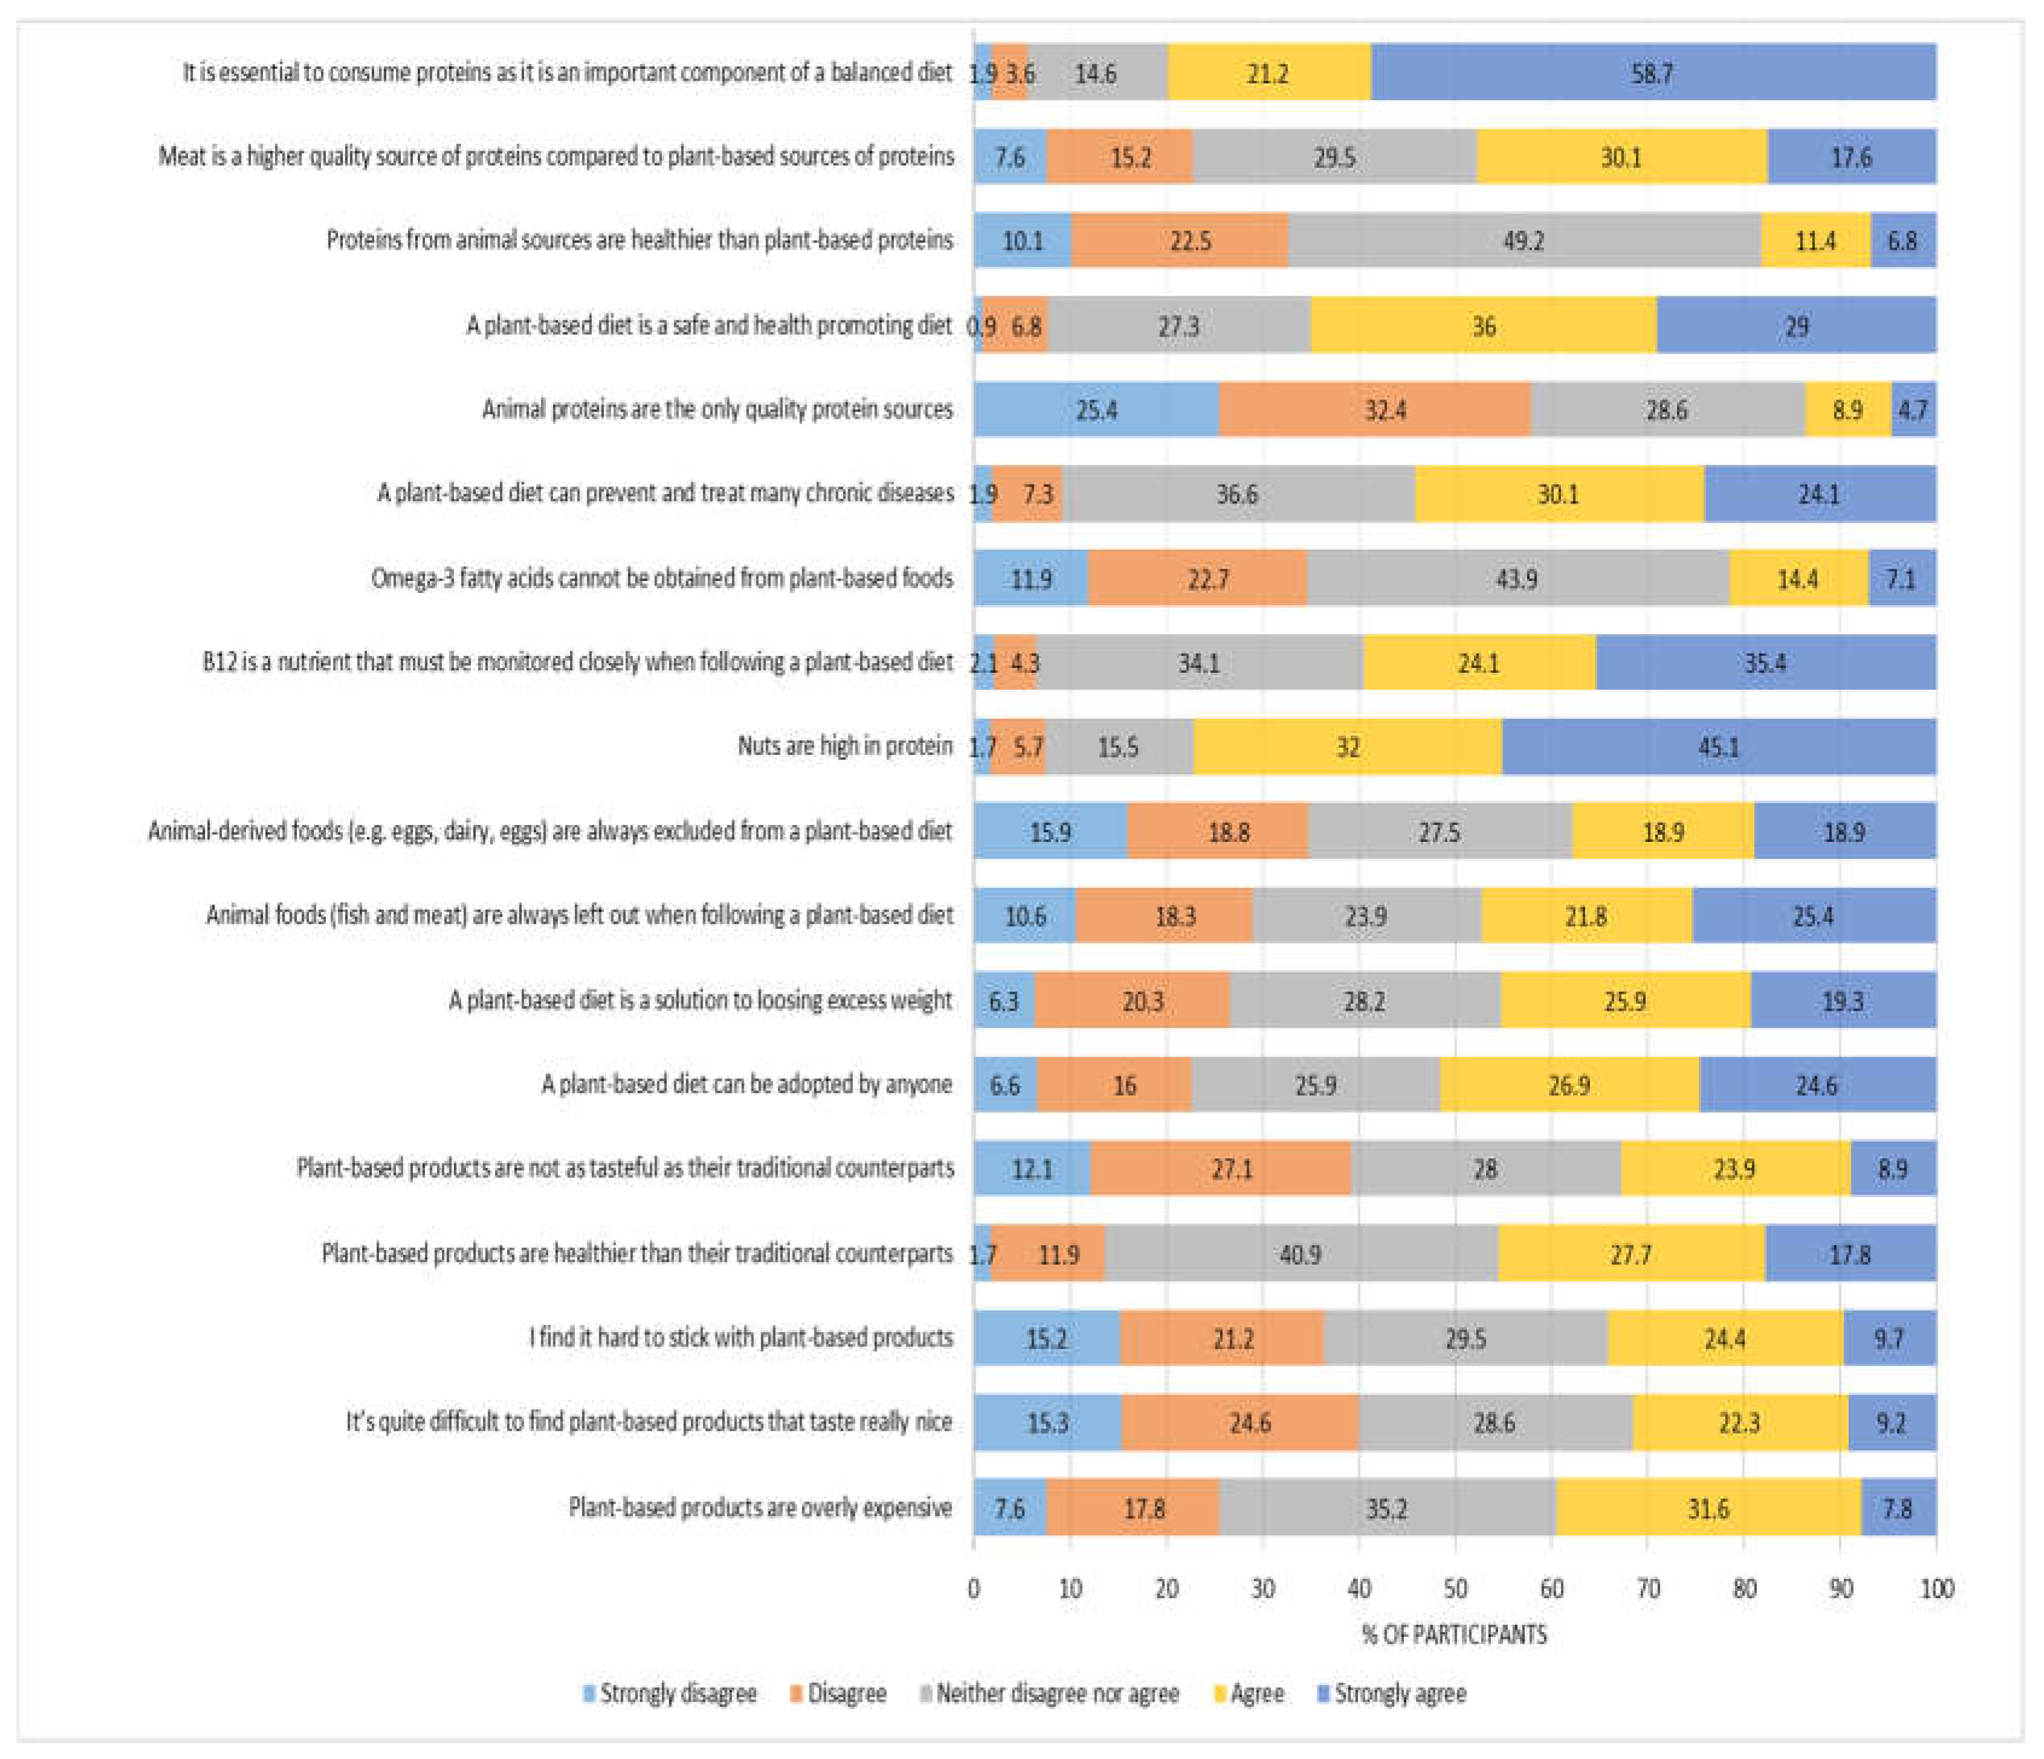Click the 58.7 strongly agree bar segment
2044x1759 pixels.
point(1652,73)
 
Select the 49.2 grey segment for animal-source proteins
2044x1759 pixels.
point(1523,241)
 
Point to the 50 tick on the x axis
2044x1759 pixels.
point(1455,1589)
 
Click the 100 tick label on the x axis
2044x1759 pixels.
point(1936,1589)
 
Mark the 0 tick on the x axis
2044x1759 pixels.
point(974,1589)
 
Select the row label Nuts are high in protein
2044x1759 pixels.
point(845,746)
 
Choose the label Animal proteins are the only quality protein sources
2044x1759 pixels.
point(717,409)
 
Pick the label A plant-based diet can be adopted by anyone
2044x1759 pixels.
point(747,1084)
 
